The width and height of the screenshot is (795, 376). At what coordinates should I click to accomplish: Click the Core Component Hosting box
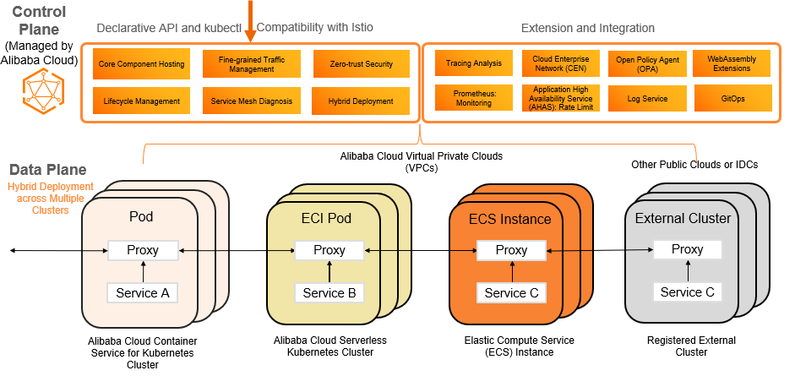coord(141,64)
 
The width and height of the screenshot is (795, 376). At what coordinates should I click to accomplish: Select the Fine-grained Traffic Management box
coord(251,64)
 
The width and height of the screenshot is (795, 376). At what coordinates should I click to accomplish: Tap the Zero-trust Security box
coord(361,64)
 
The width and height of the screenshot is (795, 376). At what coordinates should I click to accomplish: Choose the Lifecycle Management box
coord(141,101)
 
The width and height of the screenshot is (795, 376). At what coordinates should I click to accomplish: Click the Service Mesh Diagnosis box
coord(251,101)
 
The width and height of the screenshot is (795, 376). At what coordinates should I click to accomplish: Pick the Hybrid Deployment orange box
coord(361,101)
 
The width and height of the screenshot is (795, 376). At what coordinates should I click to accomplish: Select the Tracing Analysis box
coord(473,63)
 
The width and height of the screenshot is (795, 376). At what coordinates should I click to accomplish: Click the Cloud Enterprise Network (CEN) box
coord(560,63)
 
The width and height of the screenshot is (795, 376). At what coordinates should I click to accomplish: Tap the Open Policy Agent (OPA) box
coord(647,63)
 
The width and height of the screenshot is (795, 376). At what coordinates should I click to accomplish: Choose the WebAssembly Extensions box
coord(732,63)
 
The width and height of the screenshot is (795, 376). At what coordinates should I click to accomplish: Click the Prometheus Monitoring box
coord(473,98)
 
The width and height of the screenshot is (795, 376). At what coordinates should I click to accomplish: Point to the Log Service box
coord(647,99)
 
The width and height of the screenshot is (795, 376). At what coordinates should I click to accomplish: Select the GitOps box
coord(732,99)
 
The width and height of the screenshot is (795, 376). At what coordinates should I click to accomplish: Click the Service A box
coord(142,293)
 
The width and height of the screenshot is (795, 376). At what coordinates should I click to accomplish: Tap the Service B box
coord(329,293)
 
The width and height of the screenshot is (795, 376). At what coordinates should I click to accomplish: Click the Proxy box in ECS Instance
coord(511,250)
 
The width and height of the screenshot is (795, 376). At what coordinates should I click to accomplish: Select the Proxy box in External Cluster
coord(687,249)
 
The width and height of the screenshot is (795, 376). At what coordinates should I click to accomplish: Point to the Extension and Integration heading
coord(588,29)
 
